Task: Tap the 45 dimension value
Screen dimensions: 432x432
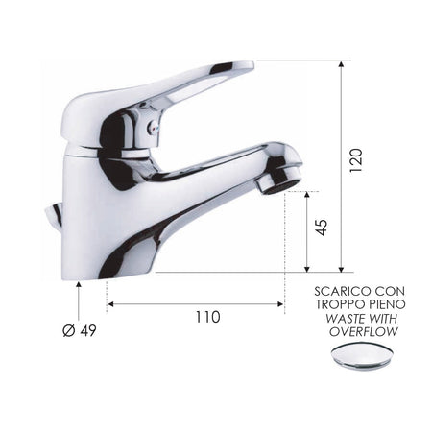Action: coord(322,228)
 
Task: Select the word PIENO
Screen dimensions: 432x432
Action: coord(388,303)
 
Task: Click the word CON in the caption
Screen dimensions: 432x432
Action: coord(391,290)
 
